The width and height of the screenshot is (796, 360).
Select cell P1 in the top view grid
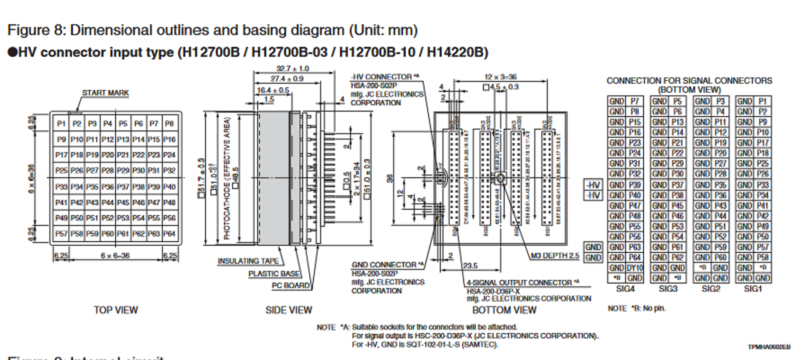tap(61, 123)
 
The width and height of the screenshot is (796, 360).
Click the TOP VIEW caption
tap(116, 310)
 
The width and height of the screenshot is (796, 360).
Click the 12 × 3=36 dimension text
tap(499, 77)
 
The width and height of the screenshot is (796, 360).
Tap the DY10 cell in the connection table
tap(635, 267)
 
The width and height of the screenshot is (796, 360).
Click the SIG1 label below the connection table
tap(753, 290)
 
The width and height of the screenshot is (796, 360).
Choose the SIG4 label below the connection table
tap(624, 290)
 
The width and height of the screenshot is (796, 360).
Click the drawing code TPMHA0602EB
tap(768, 346)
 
